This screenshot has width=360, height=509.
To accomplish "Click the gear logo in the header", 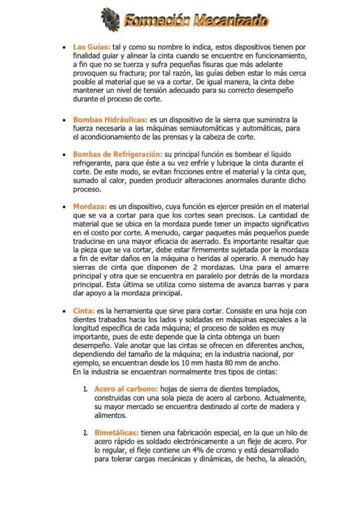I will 110,19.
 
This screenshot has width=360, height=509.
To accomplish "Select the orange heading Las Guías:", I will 92,47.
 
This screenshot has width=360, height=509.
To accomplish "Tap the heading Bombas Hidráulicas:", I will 110,119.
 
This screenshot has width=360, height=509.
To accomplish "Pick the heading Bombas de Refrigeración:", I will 118,154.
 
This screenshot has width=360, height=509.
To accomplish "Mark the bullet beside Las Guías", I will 63,47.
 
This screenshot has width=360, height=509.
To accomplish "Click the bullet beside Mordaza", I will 63,207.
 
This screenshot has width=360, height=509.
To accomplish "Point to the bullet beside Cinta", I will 63,310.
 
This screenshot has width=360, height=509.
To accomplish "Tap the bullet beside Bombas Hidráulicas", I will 63,119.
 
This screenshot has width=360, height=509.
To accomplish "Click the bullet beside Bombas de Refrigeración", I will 63,154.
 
